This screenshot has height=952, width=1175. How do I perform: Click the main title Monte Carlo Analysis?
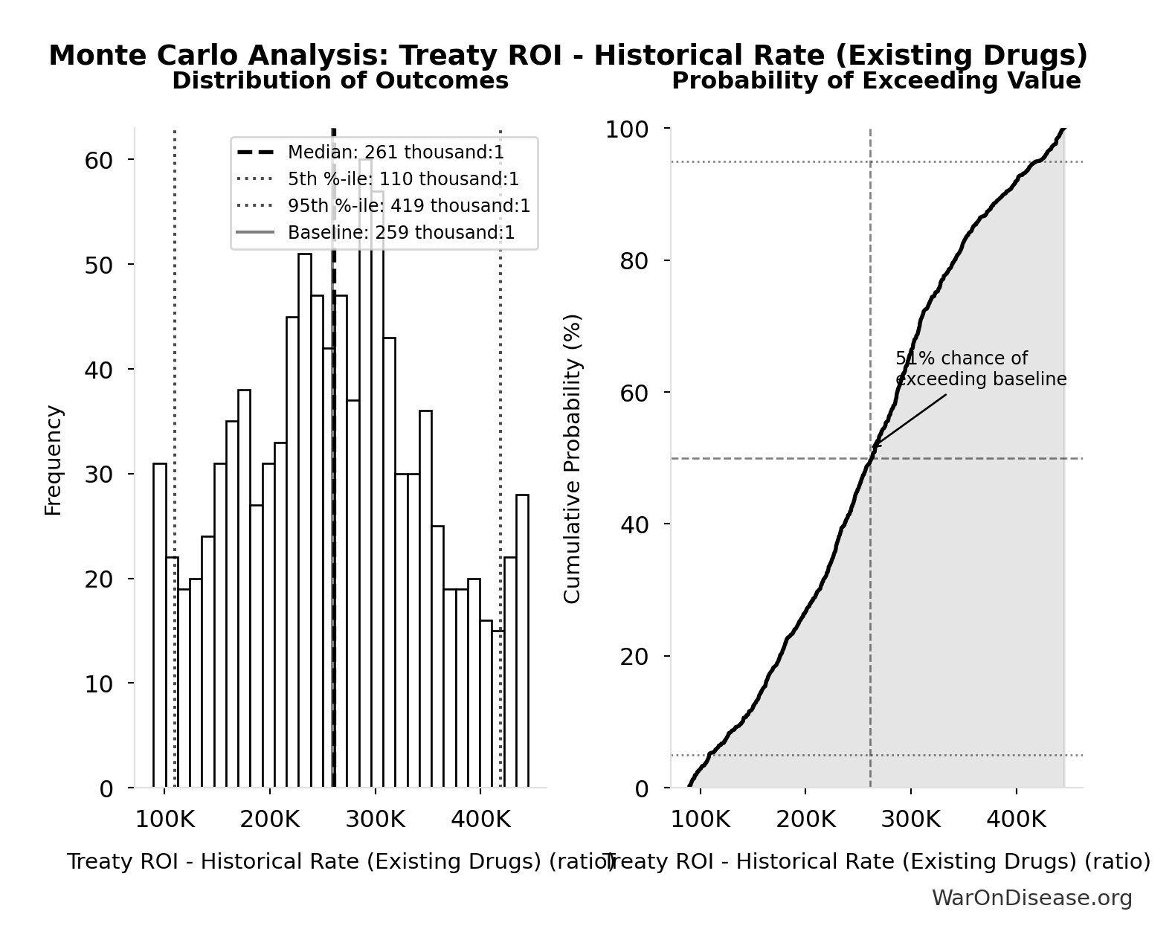pos(568,56)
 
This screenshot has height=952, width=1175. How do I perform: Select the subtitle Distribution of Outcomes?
pos(340,81)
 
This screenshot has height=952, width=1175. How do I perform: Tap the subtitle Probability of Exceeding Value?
pos(876,81)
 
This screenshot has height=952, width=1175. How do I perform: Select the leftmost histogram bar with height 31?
pos(160,625)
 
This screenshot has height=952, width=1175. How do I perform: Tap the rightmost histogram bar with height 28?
pos(522,640)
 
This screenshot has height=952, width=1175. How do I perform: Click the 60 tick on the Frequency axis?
pos(98,160)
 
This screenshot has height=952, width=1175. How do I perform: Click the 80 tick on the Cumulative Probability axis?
pos(634,261)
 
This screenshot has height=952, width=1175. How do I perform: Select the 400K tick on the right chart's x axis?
pos(1015,820)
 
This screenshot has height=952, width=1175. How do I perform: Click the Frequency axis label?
pos(54,460)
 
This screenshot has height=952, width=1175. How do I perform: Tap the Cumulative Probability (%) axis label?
pos(572,458)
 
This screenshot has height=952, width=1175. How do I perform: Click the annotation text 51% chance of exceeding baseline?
pos(979,369)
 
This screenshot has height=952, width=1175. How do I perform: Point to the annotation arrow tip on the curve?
pos(873,447)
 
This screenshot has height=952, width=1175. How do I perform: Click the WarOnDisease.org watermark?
pos(1031,898)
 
